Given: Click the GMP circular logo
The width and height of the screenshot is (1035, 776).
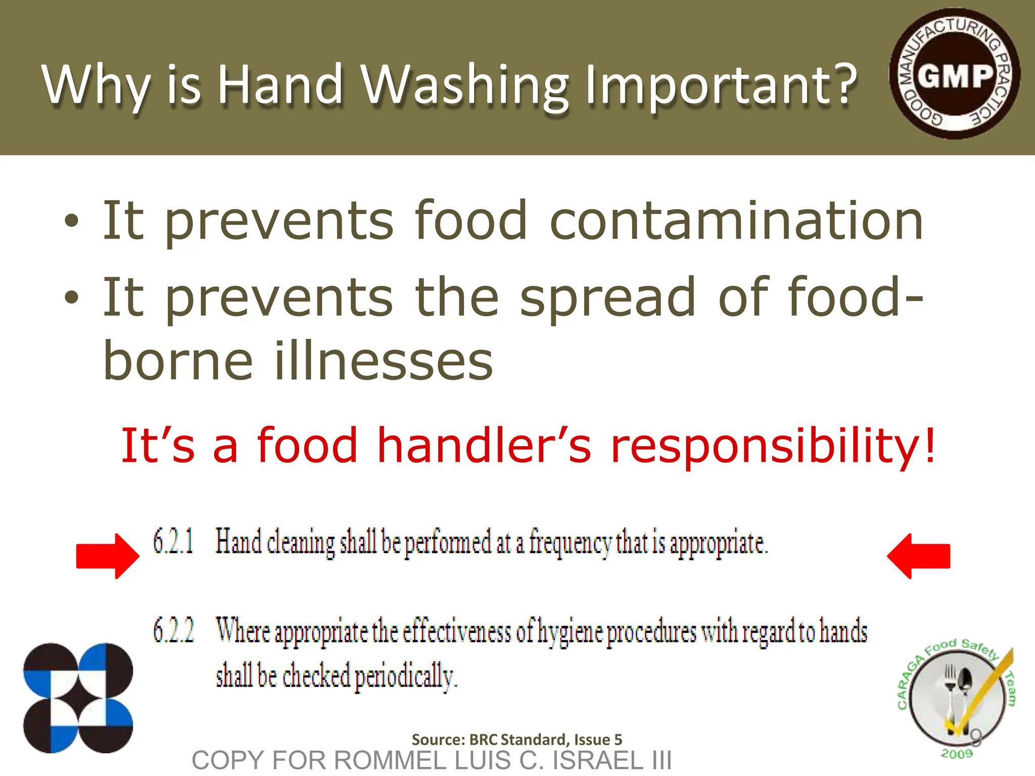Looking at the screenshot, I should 954,74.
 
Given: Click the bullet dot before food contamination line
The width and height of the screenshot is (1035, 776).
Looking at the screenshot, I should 72,221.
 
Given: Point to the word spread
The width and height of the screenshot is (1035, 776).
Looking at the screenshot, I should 608,298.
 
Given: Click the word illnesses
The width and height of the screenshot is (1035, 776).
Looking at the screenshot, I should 383,361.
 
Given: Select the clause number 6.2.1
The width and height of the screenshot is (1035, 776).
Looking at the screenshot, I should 173,542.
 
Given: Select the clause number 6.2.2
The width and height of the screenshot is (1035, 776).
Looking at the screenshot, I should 173,632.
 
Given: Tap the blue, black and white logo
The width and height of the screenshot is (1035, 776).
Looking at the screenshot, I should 78,698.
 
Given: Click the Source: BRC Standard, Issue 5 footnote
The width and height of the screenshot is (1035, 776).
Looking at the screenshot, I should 516,740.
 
